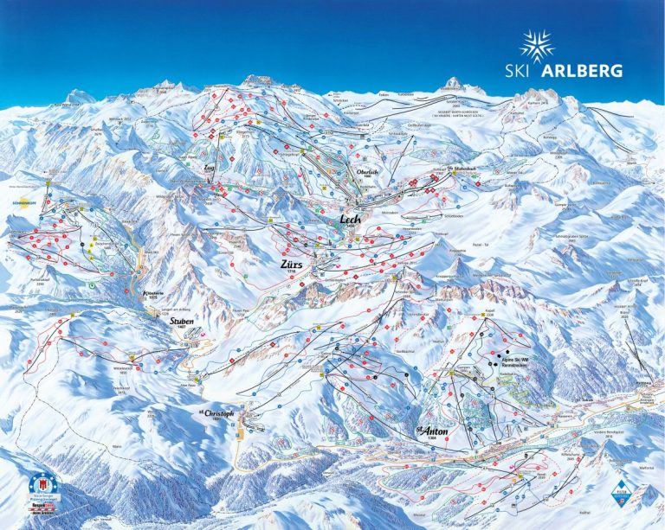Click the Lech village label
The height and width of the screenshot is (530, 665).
(351, 220)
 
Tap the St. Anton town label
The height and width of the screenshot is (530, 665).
(429, 430)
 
